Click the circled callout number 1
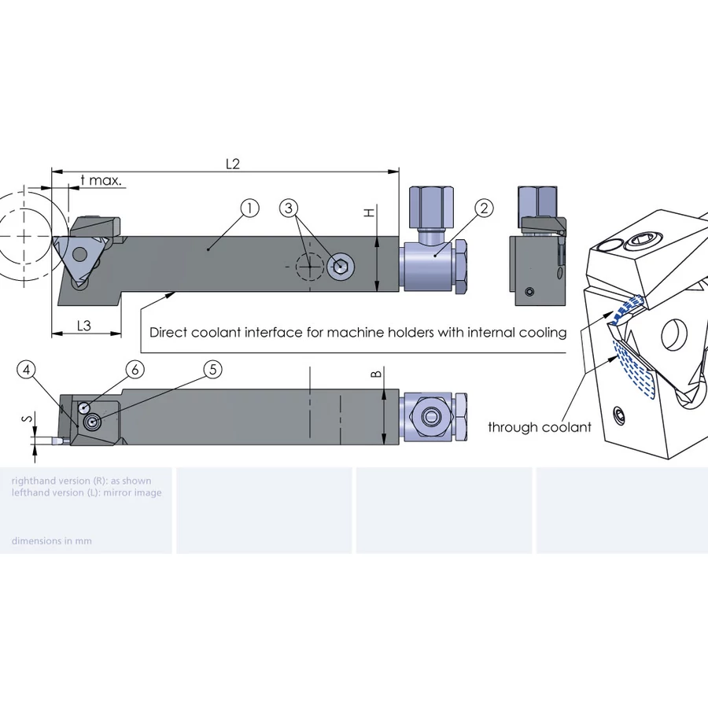[249, 208]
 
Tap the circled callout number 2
[485, 208]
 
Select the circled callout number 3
[289, 208]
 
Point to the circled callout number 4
[28, 369]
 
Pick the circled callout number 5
[212, 369]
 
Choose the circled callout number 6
[135, 369]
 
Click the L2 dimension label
[232, 164]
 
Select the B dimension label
[375, 374]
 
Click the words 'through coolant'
[539, 427]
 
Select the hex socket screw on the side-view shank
[341, 267]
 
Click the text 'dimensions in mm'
[51, 540]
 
